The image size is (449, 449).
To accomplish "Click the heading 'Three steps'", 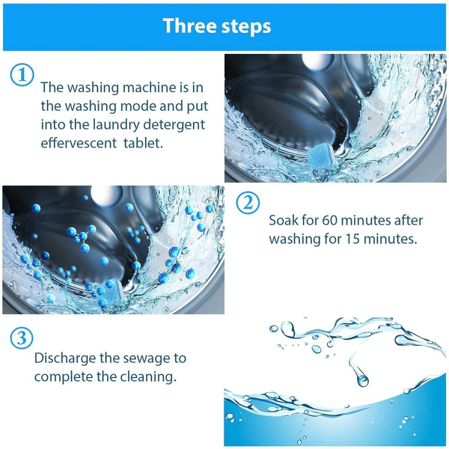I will [x=217, y=26].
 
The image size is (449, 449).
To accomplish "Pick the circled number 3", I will [x=22, y=337].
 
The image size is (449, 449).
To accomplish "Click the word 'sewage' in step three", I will [x=150, y=358].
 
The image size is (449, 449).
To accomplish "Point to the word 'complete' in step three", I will [x=64, y=376].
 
